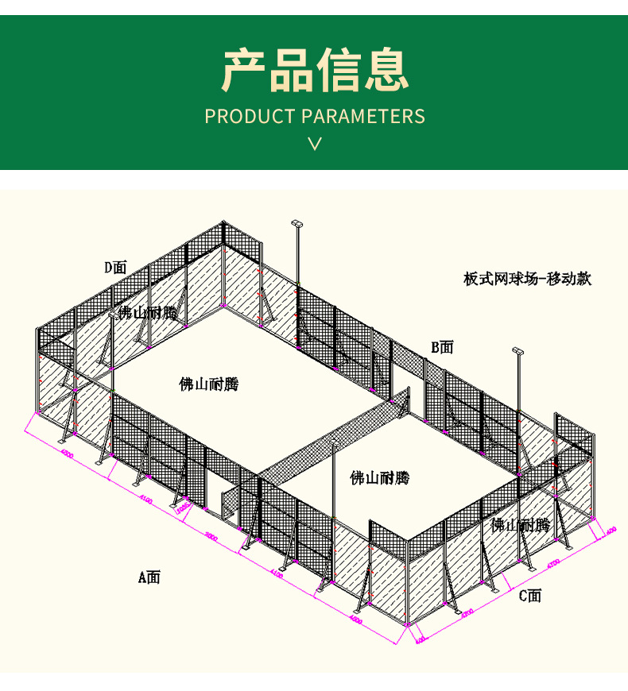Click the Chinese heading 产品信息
[315, 70]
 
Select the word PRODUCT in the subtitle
[250, 116]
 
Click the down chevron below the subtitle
[315, 144]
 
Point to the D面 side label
[115, 268]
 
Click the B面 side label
[442, 347]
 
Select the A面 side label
[149, 577]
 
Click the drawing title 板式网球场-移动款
[528, 279]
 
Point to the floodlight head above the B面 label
[518, 349]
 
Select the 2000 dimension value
[211, 536]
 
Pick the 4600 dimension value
[355, 616]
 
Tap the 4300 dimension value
[467, 614]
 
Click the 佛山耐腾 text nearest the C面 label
[520, 525]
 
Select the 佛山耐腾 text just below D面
[148, 313]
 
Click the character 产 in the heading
[244, 70]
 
